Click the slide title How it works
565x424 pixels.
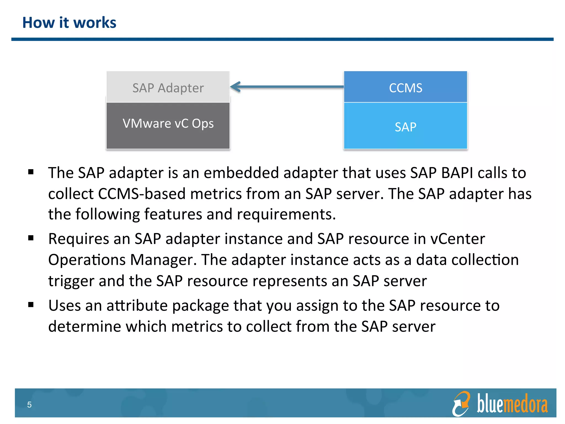tap(69, 23)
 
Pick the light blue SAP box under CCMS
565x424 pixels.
tap(405, 126)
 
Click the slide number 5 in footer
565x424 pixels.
tap(29, 405)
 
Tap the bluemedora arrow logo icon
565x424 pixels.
tap(461, 404)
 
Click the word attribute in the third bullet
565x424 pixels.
tap(137, 306)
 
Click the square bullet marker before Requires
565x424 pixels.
tap(31, 238)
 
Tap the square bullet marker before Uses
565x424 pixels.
tap(31, 305)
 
